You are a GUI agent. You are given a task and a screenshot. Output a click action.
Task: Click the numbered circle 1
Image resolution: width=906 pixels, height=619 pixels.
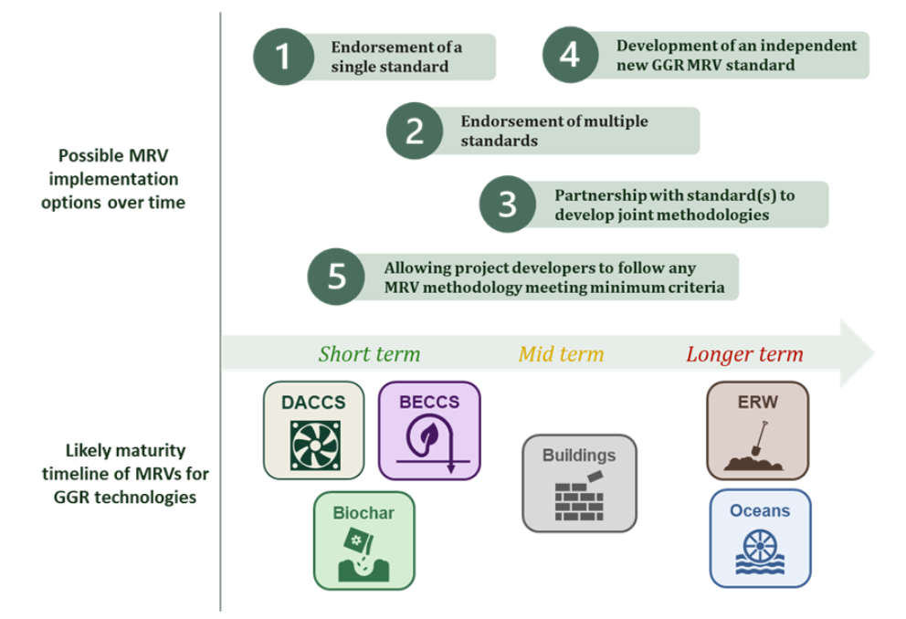(283, 57)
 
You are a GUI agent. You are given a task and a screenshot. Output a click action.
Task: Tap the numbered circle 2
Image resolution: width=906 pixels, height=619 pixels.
(415, 131)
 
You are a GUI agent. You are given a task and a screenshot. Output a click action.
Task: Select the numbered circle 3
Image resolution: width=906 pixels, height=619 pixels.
(508, 204)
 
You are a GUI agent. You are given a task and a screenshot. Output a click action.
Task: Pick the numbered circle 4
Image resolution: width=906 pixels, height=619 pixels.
(570, 55)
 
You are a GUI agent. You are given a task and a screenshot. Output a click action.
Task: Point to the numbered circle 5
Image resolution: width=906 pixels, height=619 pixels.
(336, 277)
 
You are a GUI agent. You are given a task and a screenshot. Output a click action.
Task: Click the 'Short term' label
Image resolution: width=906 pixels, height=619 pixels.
(369, 353)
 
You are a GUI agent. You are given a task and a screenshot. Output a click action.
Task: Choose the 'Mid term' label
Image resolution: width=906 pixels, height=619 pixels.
(561, 353)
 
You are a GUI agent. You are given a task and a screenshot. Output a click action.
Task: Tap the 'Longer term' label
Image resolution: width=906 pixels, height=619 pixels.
(744, 353)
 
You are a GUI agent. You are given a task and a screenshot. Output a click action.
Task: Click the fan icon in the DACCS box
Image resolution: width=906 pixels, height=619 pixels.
(315, 446)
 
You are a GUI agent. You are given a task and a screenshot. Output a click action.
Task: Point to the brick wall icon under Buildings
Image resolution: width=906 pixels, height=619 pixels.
(580, 496)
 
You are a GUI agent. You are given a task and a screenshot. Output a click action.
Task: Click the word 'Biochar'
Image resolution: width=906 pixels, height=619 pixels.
(363, 513)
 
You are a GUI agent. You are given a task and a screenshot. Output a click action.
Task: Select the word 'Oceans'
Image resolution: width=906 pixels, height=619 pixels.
(760, 510)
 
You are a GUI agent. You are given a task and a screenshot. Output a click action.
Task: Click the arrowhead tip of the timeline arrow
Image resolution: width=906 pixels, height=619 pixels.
(876, 352)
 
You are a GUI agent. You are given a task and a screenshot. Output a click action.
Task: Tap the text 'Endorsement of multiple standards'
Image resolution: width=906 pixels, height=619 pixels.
(554, 131)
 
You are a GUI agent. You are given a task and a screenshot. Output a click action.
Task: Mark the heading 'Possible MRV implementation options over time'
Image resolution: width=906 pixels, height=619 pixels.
(113, 179)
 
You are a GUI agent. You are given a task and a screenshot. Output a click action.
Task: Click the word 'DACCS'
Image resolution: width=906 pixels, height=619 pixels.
(313, 402)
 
